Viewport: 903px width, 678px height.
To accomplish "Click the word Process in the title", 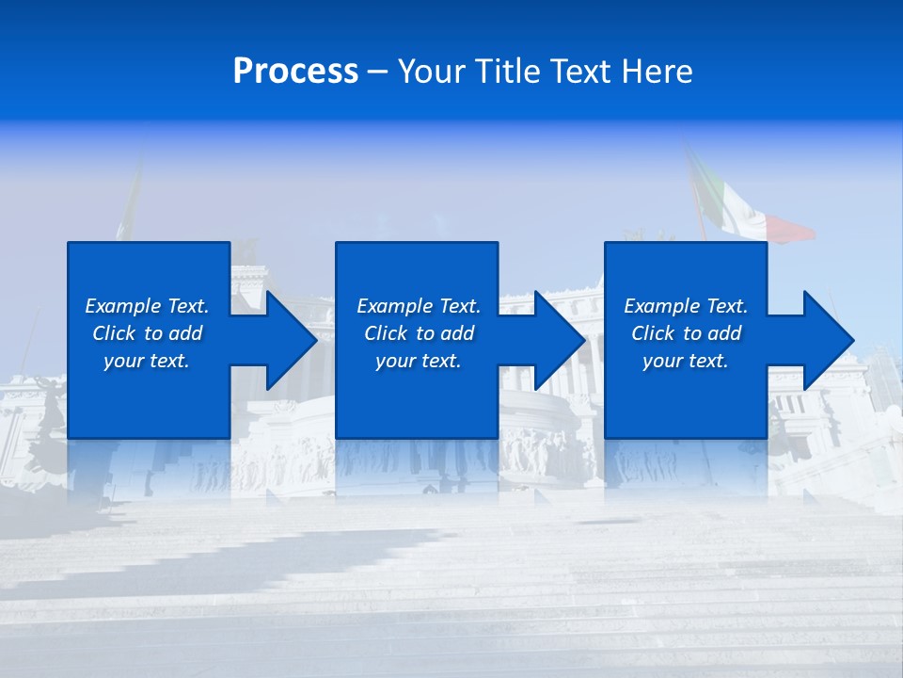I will pos(295,72).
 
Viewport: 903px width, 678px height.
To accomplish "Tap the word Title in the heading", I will pos(510,72).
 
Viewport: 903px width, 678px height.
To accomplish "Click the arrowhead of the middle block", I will pos(559,340).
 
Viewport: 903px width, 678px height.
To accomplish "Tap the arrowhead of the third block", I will pos(828,340).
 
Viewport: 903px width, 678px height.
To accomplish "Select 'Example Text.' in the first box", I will pos(147,306).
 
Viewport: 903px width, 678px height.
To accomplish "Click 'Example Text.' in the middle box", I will pos(419,306).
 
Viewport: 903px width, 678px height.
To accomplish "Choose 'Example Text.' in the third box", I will pos(686,306).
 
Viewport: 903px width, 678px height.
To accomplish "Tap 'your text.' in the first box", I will pos(147,361).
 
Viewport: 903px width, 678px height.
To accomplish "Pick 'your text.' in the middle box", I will pos(419,361).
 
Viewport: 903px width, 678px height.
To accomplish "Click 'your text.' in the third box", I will pos(686,361).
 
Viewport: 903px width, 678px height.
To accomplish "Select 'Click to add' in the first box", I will pos(147,333).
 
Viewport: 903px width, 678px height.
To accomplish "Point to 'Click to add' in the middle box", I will pos(419,333).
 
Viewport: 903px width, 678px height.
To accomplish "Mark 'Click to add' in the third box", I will pos(686,333).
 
